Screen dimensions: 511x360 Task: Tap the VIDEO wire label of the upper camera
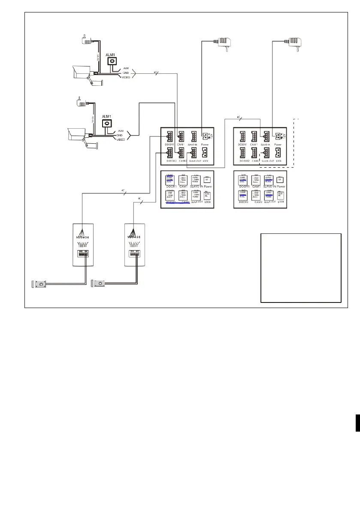[126, 78]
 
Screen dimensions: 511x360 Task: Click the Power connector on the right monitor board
[278, 136]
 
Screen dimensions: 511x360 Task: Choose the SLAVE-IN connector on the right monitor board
[266, 136]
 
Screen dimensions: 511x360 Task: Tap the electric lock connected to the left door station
[39, 284]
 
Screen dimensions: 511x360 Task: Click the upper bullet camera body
[82, 70]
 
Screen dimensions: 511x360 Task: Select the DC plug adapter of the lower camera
[79, 103]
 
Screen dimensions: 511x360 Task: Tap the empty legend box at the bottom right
[300, 268]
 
